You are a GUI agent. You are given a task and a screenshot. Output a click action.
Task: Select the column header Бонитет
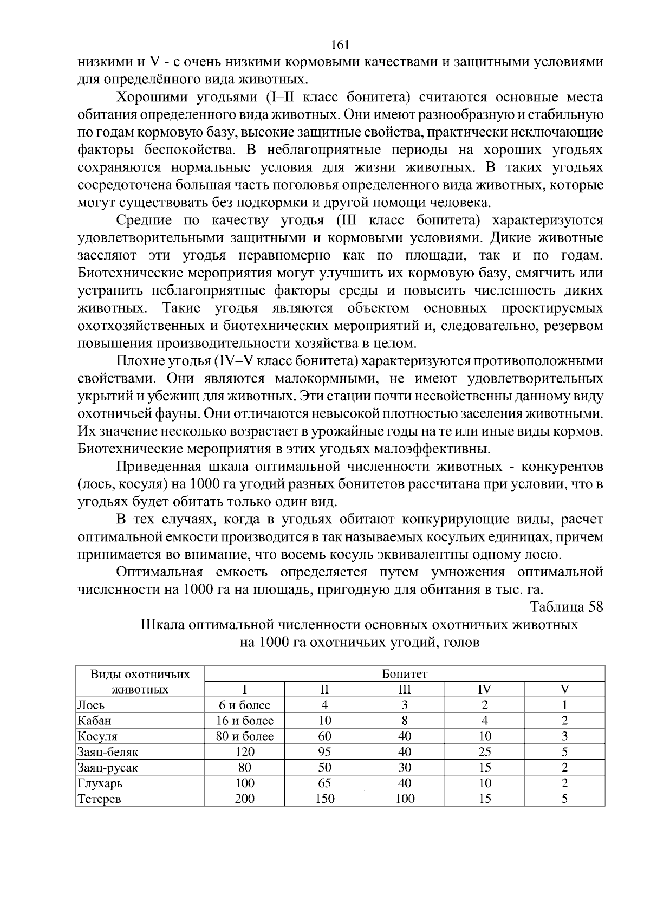[405, 674]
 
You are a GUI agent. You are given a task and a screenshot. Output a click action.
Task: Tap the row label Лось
[91, 705]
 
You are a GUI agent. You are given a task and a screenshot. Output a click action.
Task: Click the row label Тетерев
[99, 799]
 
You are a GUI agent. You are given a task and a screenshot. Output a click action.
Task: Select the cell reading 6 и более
[244, 705]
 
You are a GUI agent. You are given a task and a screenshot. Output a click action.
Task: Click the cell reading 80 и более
[244, 736]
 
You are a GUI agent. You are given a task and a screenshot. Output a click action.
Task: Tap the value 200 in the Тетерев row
[244, 799]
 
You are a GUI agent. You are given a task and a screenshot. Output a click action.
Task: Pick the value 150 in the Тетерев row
[324, 799]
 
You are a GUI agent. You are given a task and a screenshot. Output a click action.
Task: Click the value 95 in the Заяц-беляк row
[324, 752]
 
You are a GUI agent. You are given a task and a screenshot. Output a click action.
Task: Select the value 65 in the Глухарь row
[324, 783]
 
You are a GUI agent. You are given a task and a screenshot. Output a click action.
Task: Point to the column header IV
[484, 690]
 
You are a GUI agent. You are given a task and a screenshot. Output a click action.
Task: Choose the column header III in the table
[405, 690]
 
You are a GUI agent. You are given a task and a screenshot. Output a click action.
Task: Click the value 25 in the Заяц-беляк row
[484, 752]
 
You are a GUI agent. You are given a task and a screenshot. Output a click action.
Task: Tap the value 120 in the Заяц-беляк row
[244, 752]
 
